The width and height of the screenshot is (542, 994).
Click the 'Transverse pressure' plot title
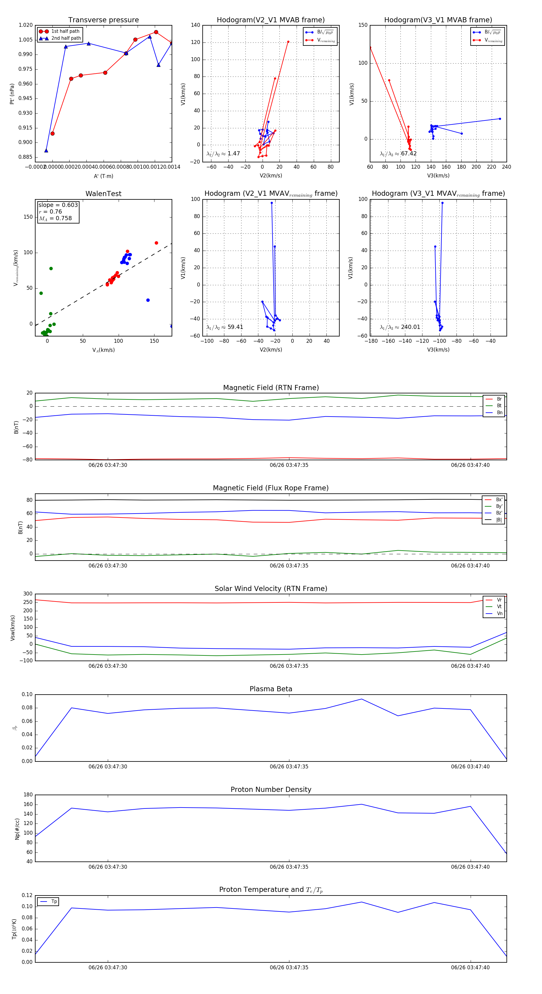[x=103, y=20]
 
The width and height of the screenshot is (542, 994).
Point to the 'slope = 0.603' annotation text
[x=58, y=205]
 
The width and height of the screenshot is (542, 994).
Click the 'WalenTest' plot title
[x=103, y=194]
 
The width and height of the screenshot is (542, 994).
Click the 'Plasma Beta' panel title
[x=271, y=689]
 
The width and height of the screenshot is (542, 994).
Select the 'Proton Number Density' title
[x=271, y=789]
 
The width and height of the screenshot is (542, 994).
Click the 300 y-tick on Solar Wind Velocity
[x=28, y=594]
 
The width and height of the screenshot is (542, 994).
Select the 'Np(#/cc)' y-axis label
[x=17, y=829]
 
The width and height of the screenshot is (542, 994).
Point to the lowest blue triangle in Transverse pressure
[x=46, y=151]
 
